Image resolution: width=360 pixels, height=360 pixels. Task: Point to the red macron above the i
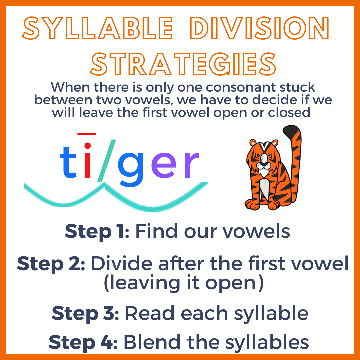coord(87,134)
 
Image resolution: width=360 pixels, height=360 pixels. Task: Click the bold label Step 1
coord(97,231)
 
